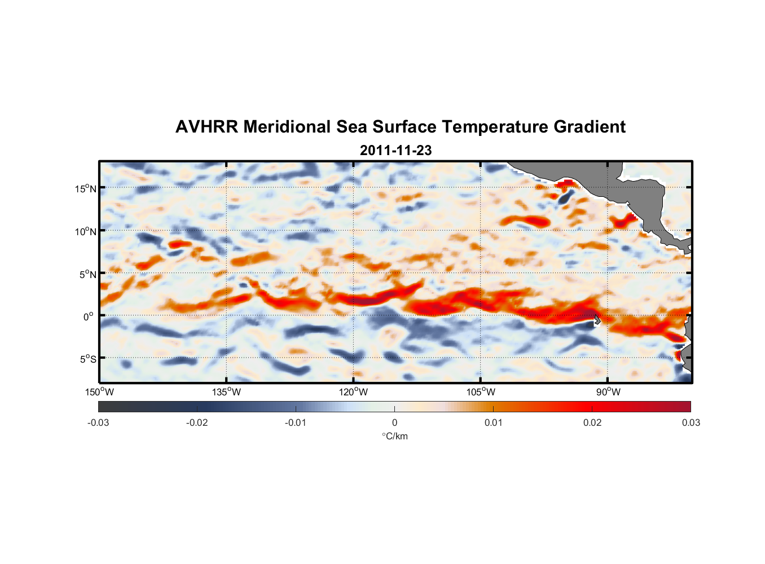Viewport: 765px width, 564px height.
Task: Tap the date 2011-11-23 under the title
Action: (x=395, y=151)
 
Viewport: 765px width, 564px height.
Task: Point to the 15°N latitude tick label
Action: (x=86, y=188)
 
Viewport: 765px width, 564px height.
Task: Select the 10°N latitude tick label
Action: (x=86, y=231)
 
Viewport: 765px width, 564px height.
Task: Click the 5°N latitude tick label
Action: (x=88, y=274)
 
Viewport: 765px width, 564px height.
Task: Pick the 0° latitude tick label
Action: (x=89, y=316)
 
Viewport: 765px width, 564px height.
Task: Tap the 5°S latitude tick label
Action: (x=88, y=359)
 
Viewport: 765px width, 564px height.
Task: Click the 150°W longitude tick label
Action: (x=99, y=392)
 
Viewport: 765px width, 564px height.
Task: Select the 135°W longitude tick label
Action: (x=226, y=392)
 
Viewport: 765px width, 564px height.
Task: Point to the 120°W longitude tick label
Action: (x=354, y=392)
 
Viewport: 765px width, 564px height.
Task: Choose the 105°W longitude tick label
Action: (x=481, y=392)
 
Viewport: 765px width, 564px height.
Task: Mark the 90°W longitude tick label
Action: (x=608, y=392)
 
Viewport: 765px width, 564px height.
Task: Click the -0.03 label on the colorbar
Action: (x=98, y=422)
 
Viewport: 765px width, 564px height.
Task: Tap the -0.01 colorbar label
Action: (x=296, y=422)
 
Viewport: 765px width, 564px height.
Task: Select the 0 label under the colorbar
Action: (x=394, y=422)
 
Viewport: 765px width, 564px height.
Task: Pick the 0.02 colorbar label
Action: (x=592, y=422)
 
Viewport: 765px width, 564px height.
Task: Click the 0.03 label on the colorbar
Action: (x=691, y=422)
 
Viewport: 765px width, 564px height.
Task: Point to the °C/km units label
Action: (x=394, y=436)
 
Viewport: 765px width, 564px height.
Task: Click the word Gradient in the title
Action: (x=590, y=127)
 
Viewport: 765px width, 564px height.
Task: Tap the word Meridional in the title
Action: (x=288, y=127)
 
